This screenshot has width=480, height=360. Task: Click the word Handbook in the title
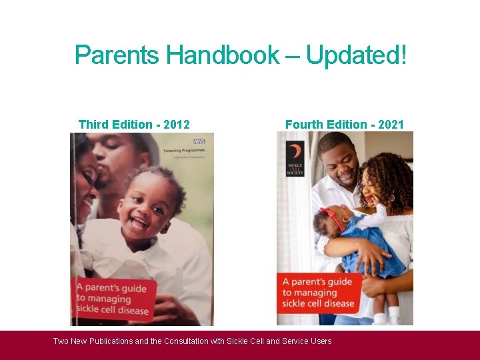(x=223, y=55)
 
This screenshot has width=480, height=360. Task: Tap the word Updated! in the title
(x=356, y=55)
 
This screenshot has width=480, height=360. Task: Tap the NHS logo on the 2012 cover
(x=199, y=141)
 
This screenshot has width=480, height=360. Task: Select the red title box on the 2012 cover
(x=113, y=297)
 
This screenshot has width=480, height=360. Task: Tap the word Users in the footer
(x=320, y=341)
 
